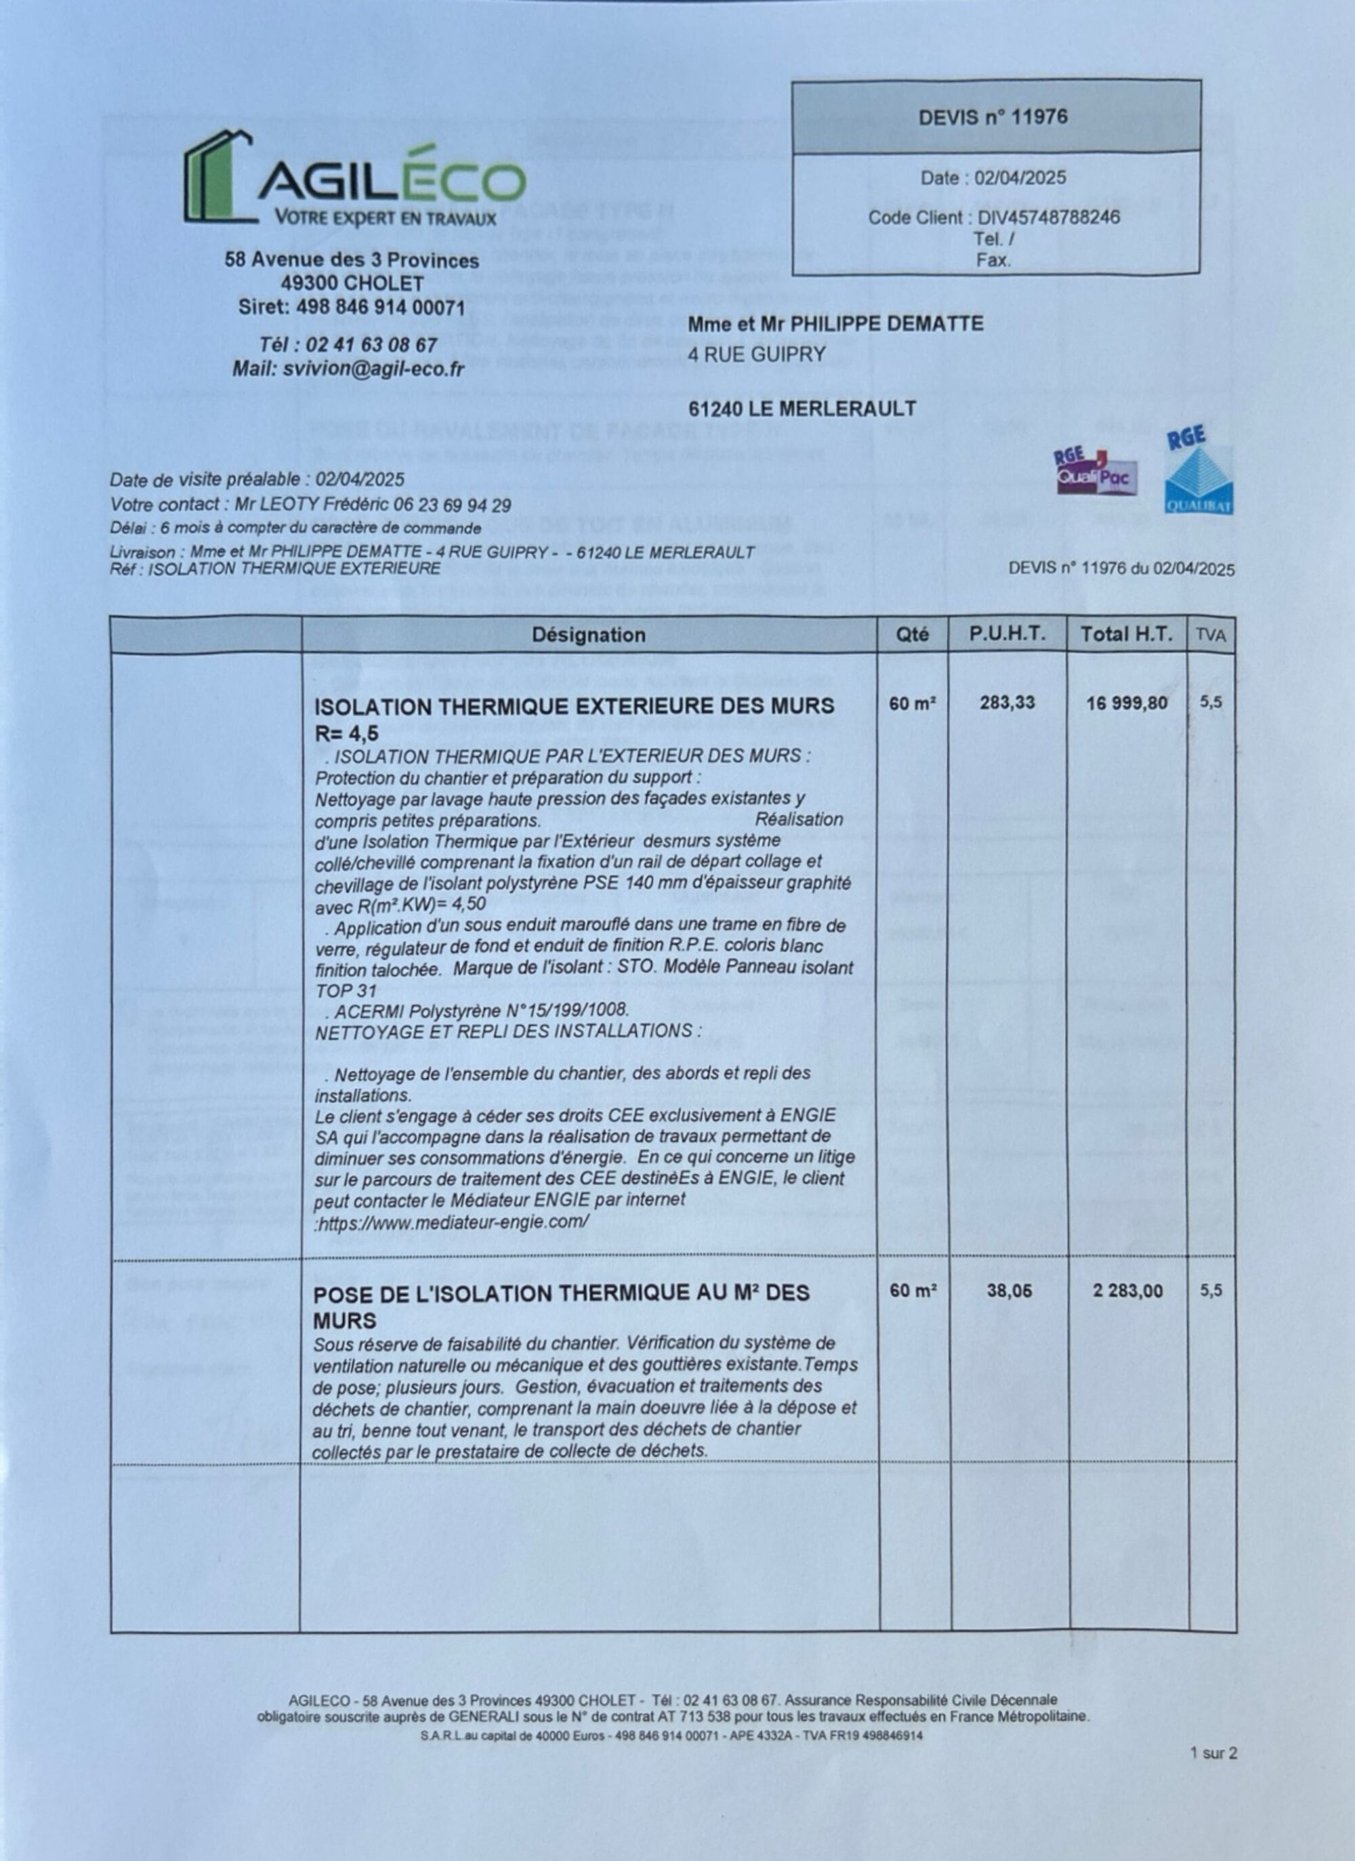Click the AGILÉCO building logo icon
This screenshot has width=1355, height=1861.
click(x=217, y=175)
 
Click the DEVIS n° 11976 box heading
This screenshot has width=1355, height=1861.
click(x=993, y=117)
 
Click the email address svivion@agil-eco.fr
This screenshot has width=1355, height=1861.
click(x=373, y=369)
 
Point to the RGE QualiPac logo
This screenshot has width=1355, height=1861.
click(x=1096, y=472)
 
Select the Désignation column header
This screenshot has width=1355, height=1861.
click(x=589, y=635)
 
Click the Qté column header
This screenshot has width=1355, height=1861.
click(x=913, y=635)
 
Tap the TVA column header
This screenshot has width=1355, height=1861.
click(x=1211, y=635)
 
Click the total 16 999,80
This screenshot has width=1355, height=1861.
click(x=1127, y=703)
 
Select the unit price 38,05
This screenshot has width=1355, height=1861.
click(x=1009, y=1291)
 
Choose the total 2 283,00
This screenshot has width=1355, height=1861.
click(x=1127, y=1291)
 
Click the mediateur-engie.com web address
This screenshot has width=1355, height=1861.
click(x=453, y=1221)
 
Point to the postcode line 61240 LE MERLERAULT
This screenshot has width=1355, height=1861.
click(x=802, y=409)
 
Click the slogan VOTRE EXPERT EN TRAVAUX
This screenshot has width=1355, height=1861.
click(x=385, y=218)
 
